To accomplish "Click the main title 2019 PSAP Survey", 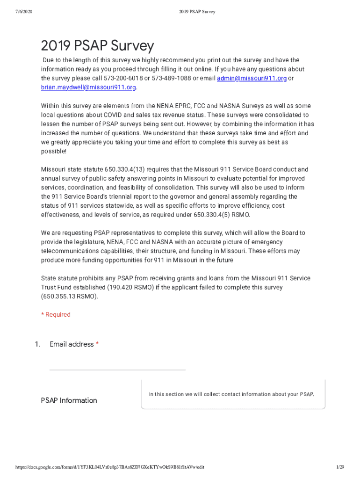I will (x=97, y=46).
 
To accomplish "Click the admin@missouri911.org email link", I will (x=252, y=78).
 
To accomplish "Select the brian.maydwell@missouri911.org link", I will (x=88, y=87).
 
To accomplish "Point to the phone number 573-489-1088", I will (x=171, y=78).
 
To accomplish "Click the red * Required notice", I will (x=56, y=314).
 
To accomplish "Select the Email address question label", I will (x=72, y=344).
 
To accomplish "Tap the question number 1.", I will (x=37, y=344).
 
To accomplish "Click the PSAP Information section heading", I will (x=69, y=400).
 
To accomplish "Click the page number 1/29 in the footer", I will (x=340, y=467).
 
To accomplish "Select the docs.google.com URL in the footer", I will (x=109, y=467).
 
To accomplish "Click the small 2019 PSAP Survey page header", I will (x=196, y=11).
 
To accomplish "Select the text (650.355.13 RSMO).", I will (x=69, y=297).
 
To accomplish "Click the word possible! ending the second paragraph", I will (x=53, y=151).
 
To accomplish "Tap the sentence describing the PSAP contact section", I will (x=231, y=394).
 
